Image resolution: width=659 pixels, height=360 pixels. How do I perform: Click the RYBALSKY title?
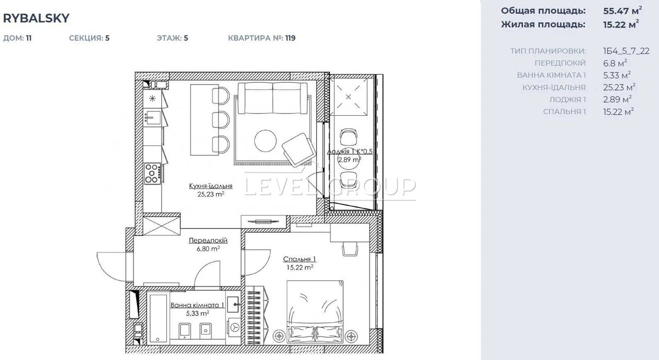[x=36, y=18]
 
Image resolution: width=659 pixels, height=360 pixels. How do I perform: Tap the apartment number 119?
[x=291, y=38]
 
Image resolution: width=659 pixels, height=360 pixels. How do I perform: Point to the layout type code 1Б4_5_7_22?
[x=626, y=51]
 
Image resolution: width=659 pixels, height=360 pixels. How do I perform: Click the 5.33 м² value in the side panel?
[x=617, y=75]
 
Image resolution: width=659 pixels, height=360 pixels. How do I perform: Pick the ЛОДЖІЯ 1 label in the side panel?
[x=567, y=100]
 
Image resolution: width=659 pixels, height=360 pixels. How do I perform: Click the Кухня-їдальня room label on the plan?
[x=211, y=186]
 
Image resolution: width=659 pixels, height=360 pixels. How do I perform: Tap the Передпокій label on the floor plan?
[x=208, y=240]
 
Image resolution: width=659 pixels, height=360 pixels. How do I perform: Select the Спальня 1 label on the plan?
[x=299, y=259]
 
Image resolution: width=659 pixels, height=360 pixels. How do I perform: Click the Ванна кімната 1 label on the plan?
[x=197, y=305]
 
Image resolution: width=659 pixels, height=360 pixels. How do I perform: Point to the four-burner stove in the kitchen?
[x=153, y=173]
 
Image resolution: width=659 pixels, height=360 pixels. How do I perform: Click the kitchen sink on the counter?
[x=153, y=117]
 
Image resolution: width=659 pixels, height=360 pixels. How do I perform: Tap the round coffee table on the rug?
[x=265, y=141]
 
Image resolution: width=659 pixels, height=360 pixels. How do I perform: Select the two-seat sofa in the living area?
[x=272, y=98]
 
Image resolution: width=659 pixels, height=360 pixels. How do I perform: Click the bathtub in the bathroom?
[x=158, y=318]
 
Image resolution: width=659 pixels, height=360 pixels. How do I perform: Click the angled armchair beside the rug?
[x=299, y=150]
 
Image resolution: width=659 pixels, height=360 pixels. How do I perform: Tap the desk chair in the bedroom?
[x=350, y=249]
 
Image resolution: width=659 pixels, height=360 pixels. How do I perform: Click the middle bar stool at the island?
[x=221, y=120]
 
